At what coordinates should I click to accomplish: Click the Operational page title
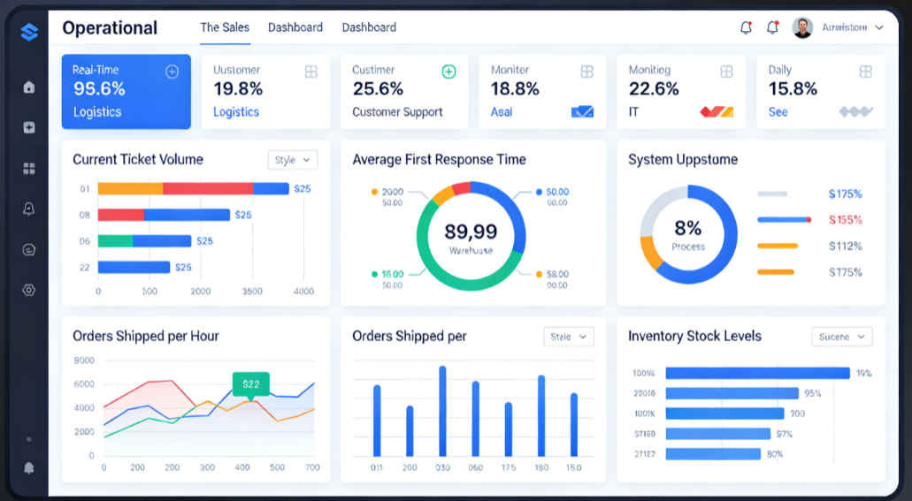110,28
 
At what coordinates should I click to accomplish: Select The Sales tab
225,27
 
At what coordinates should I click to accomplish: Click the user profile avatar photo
802,27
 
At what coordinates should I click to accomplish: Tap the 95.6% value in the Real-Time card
99,89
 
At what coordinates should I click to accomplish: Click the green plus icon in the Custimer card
448,72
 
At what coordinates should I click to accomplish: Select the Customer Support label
397,112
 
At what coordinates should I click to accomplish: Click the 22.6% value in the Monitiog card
654,89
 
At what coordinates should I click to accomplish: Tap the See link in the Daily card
778,112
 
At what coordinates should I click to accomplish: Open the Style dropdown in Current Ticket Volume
292,160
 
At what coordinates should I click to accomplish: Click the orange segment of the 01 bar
130,188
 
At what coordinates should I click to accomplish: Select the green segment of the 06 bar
115,240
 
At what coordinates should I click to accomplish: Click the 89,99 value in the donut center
471,232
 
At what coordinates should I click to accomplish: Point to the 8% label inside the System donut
687,229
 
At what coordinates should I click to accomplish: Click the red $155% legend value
845,220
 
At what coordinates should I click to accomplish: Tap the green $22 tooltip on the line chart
251,383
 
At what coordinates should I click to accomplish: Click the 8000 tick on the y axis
84,361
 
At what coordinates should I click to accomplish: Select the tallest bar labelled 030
442,411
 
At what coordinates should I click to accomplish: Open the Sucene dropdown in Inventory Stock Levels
841,337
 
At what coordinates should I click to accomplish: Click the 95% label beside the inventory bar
812,393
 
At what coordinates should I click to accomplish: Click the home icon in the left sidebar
29,87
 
